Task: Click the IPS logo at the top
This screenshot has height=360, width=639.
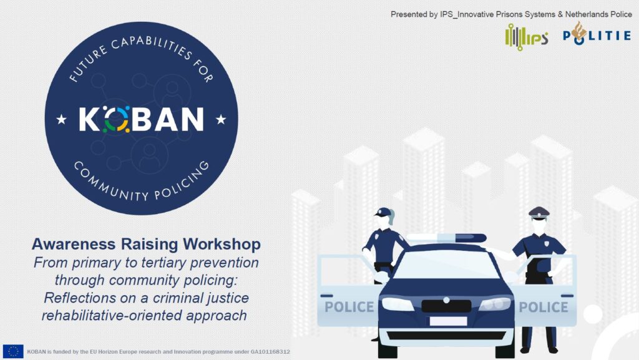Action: pyautogui.click(x=526, y=37)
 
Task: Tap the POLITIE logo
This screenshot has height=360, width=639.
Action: pyautogui.click(x=597, y=34)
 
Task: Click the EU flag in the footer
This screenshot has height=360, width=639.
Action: pyautogui.click(x=13, y=351)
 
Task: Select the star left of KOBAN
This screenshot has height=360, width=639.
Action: pyautogui.click(x=62, y=119)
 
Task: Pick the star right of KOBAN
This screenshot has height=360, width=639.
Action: pyautogui.click(x=221, y=119)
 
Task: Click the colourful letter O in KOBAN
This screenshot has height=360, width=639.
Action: pyautogui.click(x=116, y=119)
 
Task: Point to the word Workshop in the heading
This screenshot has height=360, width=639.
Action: pyautogui.click(x=222, y=245)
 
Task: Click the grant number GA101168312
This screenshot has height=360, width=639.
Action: pyautogui.click(x=270, y=351)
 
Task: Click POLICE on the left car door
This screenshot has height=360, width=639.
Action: pyautogui.click(x=349, y=307)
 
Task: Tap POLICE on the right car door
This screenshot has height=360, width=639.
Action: pyautogui.click(x=544, y=307)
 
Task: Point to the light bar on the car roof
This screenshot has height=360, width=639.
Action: pyautogui.click(x=447, y=238)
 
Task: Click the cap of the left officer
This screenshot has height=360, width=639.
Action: pyautogui.click(x=384, y=212)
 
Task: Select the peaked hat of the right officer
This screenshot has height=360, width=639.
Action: pyautogui.click(x=539, y=213)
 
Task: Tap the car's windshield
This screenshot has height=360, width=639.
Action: pyautogui.click(x=446, y=265)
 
